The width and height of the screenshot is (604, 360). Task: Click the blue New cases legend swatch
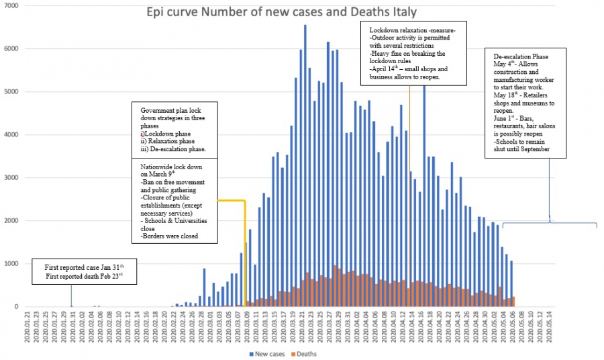[x=252, y=354]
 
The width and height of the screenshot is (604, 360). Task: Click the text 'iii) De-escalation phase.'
[x=173, y=148]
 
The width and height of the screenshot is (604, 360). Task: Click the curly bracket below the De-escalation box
[x=550, y=222]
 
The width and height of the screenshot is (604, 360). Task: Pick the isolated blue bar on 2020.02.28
[x=205, y=287]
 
